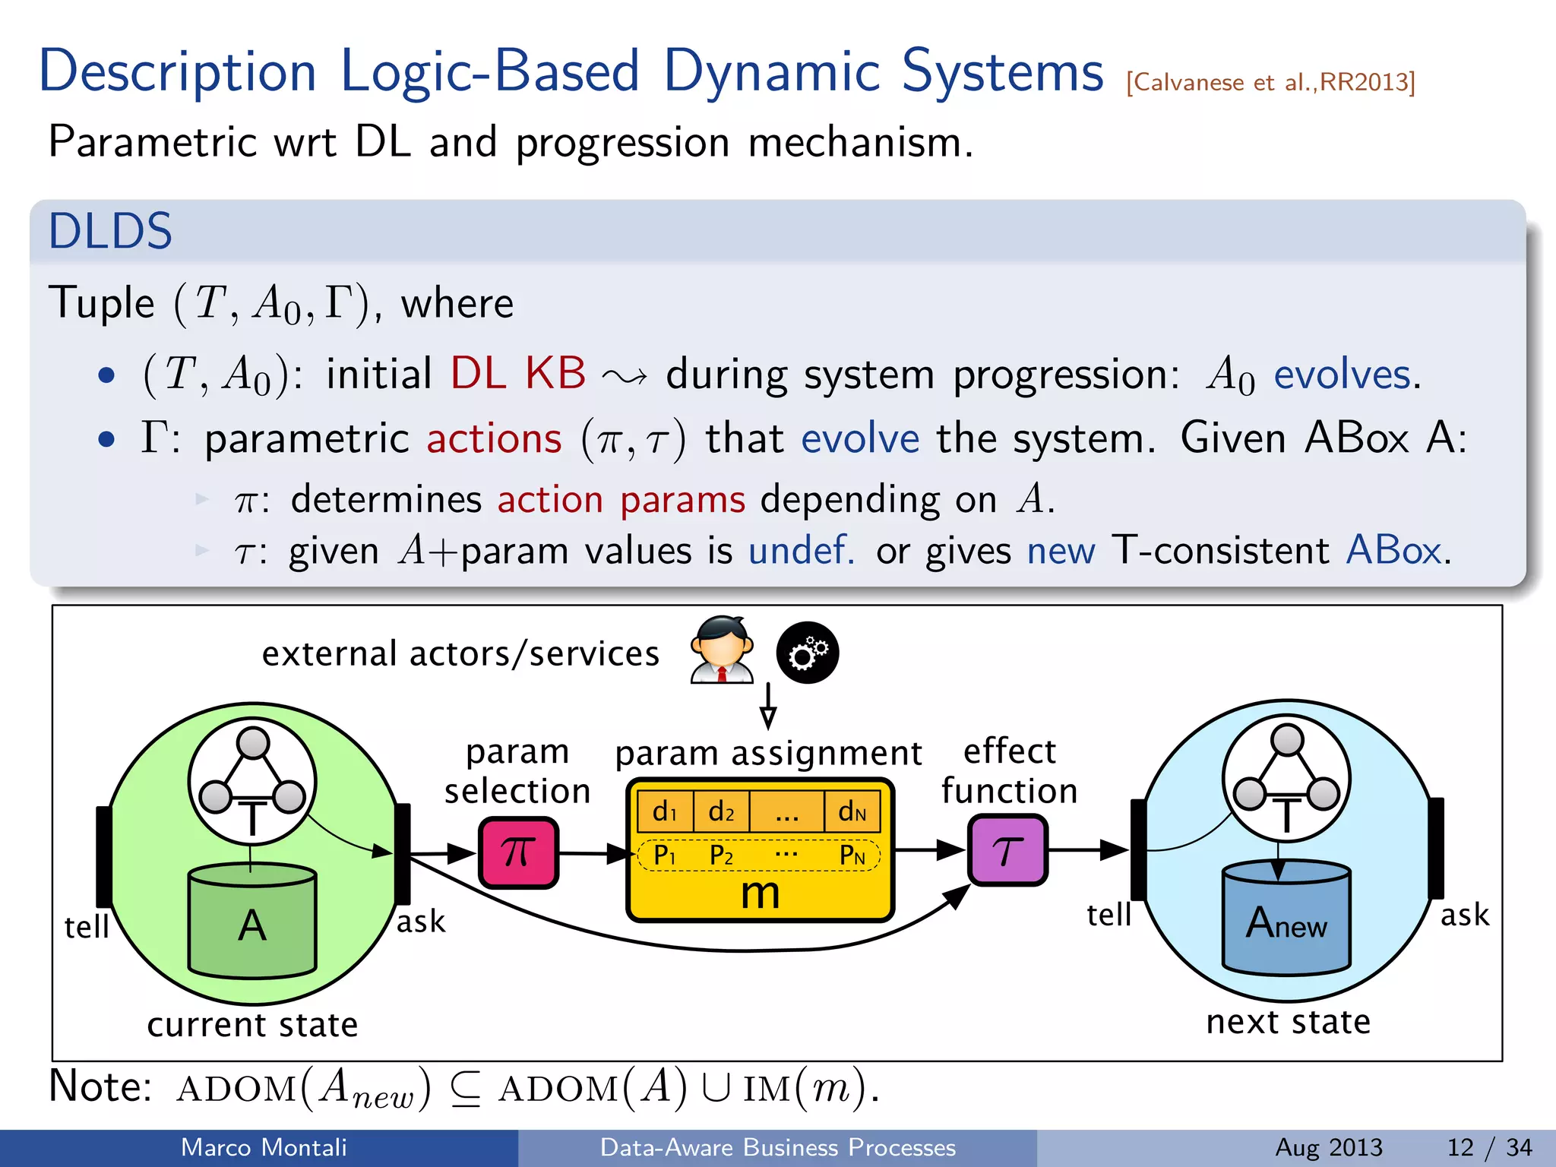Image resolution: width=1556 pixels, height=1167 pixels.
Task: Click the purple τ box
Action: pos(1007,850)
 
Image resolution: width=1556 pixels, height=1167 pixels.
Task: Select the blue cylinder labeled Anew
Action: pos(1286,919)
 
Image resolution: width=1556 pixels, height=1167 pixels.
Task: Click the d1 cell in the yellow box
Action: pos(665,811)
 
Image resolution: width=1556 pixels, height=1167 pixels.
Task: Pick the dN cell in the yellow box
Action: pos(852,811)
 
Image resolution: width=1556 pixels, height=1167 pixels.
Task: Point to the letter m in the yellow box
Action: pos(760,893)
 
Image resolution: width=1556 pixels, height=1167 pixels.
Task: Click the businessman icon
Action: pos(722,650)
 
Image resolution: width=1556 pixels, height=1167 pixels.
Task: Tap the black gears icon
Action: pos(807,653)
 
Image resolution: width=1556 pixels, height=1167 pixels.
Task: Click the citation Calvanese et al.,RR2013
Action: pos(1270,82)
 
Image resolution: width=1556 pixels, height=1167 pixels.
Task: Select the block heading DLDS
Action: pos(111,231)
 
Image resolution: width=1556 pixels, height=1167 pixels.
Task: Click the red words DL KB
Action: pos(518,373)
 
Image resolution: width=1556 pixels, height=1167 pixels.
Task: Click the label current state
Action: pos(252,1024)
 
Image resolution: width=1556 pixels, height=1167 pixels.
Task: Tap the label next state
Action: pos(1289,1021)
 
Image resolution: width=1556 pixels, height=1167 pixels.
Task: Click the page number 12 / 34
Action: pos(1490,1146)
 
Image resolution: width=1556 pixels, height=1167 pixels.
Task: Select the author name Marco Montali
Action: pos(264,1146)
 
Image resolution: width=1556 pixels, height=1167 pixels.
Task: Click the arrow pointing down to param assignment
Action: pos(768,707)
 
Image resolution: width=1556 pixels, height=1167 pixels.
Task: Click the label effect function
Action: pos(1009,770)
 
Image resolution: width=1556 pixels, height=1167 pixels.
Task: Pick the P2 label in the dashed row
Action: pos(721,855)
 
